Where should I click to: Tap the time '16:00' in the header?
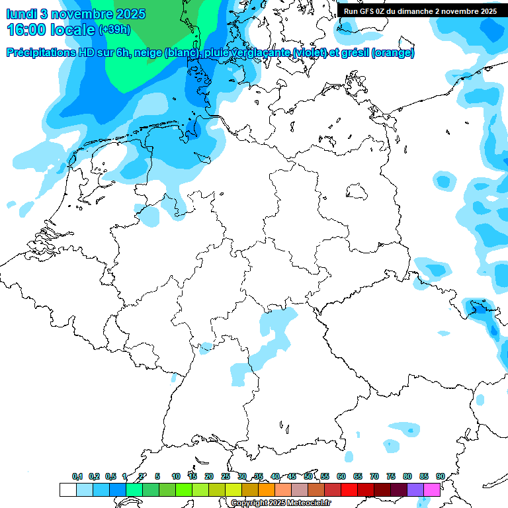[27, 30]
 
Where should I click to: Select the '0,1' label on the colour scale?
[77, 476]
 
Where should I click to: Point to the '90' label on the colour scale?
[440, 476]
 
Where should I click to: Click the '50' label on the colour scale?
[308, 476]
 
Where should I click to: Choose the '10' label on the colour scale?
[176, 476]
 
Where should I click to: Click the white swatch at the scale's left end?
[67, 489]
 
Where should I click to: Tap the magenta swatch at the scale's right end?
[432, 489]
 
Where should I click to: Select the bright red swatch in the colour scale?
[349, 489]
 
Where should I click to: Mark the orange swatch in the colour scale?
[266, 489]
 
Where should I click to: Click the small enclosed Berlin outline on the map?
[358, 192]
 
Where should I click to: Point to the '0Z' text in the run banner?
[381, 11]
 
